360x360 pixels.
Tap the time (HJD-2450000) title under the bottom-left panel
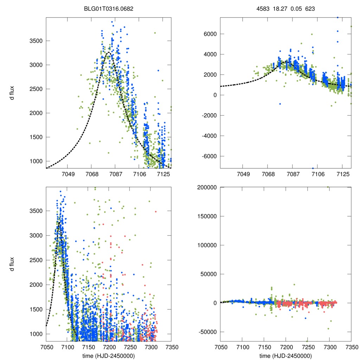coord(109,356)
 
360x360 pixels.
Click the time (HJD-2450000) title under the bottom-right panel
coord(285,356)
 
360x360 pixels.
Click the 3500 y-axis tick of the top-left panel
coord(35,41)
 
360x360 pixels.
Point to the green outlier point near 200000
coord(328,187)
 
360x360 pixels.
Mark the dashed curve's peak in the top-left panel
coord(109,52)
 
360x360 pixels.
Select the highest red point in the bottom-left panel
coord(156,211)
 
